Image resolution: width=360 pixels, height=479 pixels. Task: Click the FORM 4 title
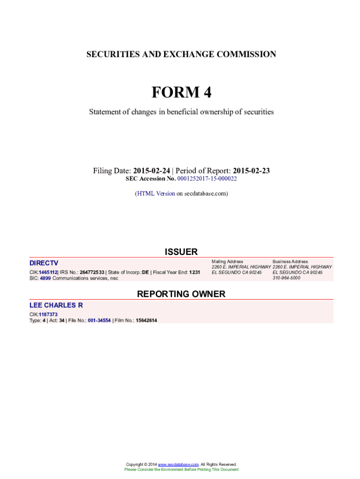[181, 93]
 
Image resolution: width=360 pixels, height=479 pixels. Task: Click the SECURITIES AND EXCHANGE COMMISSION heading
[181, 54]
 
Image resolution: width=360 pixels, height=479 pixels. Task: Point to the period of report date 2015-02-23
[252, 171]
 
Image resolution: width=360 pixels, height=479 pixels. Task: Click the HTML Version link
[156, 193]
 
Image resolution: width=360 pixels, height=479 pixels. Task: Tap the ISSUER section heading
[181, 252]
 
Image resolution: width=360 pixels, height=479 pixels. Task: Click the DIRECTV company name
[44, 263]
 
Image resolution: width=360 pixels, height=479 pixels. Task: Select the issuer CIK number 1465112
[48, 272]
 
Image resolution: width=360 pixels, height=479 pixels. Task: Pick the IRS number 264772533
[92, 272]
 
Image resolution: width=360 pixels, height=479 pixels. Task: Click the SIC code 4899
[45, 278]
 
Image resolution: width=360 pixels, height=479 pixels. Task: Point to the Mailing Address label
[227, 261]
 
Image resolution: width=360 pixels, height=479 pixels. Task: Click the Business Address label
[290, 261]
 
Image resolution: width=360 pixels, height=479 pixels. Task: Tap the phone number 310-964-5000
[287, 278]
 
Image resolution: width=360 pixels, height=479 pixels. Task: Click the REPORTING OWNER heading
[181, 294]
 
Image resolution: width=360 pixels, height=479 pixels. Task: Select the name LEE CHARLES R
[56, 305]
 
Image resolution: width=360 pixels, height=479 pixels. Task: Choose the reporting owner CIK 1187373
[48, 314]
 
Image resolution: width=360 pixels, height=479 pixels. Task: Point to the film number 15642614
[146, 320]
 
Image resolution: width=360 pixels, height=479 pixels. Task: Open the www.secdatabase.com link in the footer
[179, 464]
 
